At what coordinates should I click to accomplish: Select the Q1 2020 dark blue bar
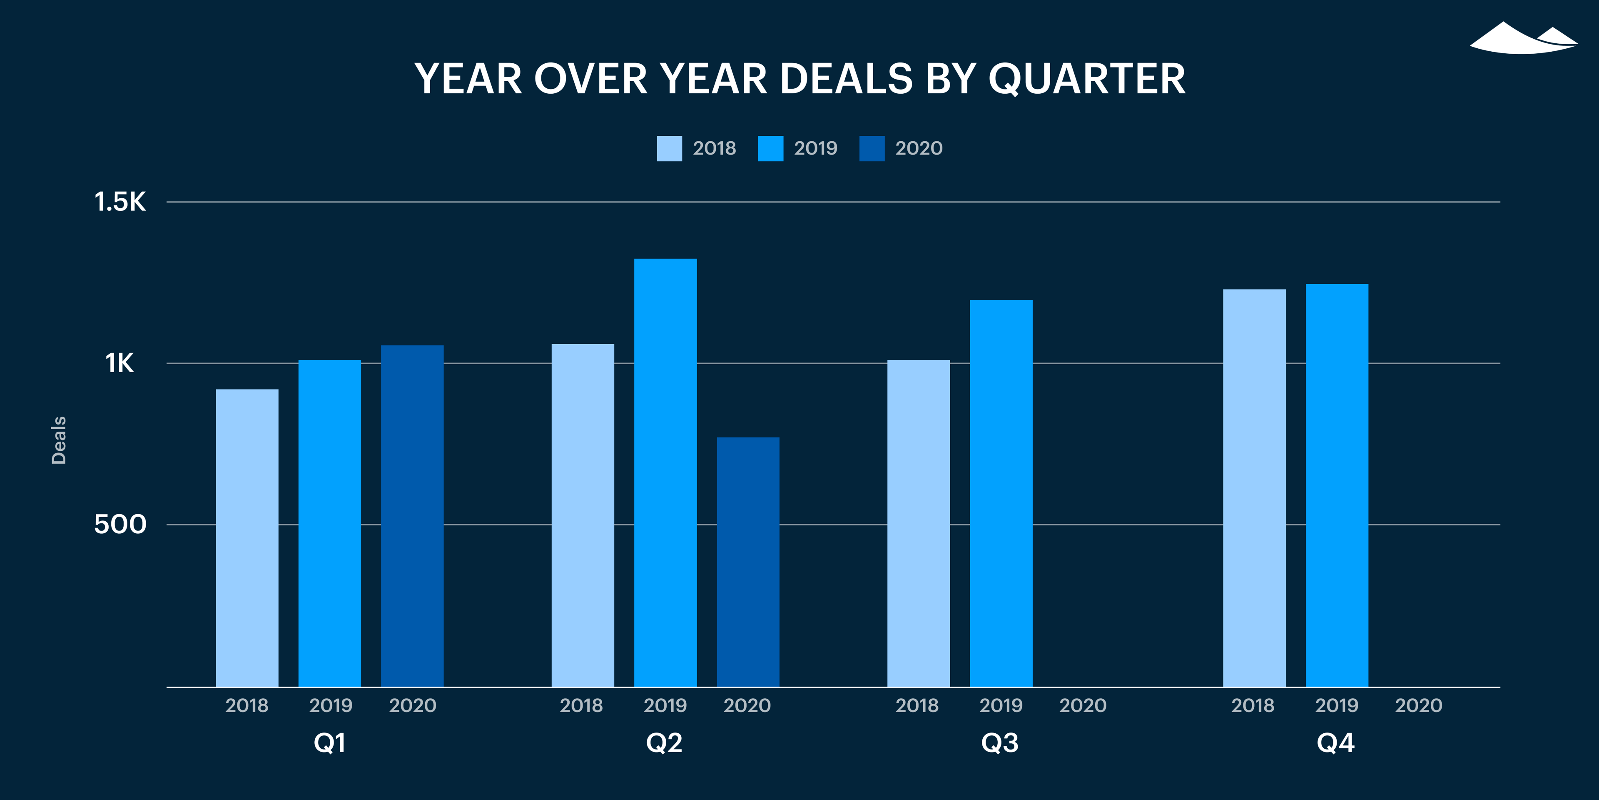[x=412, y=515]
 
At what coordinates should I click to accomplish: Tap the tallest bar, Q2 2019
[x=665, y=472]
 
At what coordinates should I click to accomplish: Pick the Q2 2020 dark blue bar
[x=748, y=562]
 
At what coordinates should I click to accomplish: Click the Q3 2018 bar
[x=918, y=523]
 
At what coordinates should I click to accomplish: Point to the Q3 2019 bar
[x=1001, y=493]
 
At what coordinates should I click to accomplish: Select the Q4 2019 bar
[x=1337, y=485]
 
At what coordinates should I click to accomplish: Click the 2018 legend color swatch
[x=669, y=148]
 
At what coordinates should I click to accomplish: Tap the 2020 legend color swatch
[x=872, y=148]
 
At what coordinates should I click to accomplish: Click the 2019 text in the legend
[x=816, y=148]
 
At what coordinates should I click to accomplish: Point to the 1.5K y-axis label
[x=120, y=202]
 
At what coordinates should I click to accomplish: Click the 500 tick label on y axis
[x=120, y=524]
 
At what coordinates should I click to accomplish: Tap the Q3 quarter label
[x=999, y=743]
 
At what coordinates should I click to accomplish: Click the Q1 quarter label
[x=330, y=743]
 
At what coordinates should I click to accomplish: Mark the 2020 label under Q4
[x=1418, y=705]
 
